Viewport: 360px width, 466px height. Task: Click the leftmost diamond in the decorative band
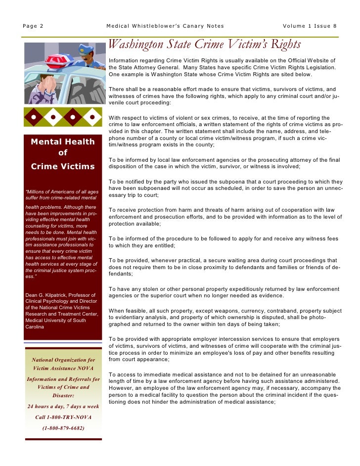33,118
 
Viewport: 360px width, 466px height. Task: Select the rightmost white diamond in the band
92,118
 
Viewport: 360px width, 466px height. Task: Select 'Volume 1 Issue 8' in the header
310,26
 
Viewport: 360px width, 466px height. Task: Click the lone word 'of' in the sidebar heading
63,153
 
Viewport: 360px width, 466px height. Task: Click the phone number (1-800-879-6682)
63,428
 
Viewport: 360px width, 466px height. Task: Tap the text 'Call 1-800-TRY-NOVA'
63,417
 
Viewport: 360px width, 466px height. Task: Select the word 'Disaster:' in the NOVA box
63,395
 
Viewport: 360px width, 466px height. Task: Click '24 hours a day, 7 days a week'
63,406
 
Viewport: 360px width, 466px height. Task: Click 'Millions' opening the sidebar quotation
36,191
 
